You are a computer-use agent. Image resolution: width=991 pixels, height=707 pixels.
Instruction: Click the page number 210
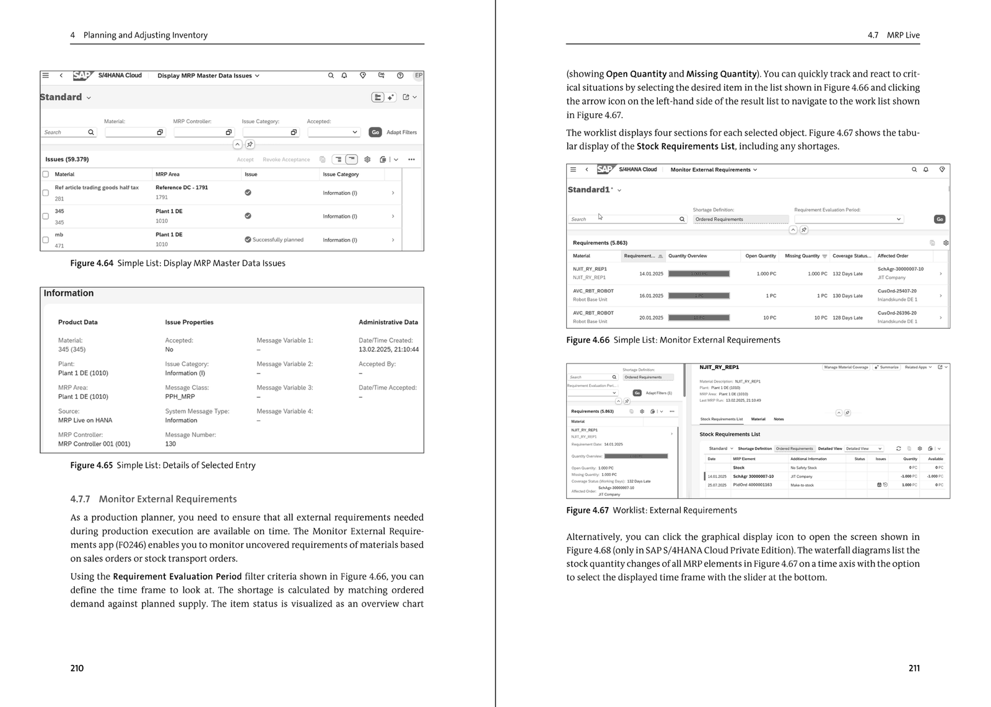pyautogui.click(x=77, y=668)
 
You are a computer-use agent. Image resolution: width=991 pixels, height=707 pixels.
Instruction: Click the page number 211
pyautogui.click(x=914, y=668)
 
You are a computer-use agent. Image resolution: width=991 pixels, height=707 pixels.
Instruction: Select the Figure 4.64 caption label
pyautogui.click(x=92, y=263)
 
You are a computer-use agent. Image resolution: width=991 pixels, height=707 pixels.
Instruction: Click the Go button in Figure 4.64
pyautogui.click(x=375, y=132)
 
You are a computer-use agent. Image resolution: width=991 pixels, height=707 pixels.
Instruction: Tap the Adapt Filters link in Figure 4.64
pyautogui.click(x=401, y=132)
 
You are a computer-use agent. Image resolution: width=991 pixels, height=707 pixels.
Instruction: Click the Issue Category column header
pyautogui.click(x=341, y=174)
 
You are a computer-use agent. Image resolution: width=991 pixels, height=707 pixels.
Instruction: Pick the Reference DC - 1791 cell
pyautogui.click(x=181, y=187)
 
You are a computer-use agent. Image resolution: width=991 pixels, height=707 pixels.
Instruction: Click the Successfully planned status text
pyautogui.click(x=277, y=240)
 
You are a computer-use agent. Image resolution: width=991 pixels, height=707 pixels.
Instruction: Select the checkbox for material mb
pyautogui.click(x=45, y=240)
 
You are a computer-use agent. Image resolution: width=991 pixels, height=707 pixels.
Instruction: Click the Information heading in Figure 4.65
pyautogui.click(x=69, y=293)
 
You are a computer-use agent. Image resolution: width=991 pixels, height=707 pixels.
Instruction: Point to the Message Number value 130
pyautogui.click(x=170, y=444)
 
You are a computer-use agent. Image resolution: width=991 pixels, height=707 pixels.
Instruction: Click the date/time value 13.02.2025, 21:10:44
pyautogui.click(x=388, y=349)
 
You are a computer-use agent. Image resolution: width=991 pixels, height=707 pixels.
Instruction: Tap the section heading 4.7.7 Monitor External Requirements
pyautogui.click(x=154, y=499)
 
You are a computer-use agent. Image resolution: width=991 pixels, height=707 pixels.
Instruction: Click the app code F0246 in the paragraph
pyautogui.click(x=131, y=545)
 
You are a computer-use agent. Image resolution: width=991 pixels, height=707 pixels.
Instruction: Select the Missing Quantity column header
pyautogui.click(x=801, y=256)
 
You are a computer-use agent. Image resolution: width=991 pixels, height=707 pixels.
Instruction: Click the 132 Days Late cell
pyautogui.click(x=847, y=274)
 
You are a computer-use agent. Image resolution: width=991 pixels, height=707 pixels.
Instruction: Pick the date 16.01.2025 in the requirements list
pyautogui.click(x=651, y=296)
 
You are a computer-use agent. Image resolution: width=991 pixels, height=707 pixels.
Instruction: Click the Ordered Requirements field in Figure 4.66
pyautogui.click(x=740, y=219)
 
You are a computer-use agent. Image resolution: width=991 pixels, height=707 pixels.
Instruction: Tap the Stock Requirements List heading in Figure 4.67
pyautogui.click(x=730, y=434)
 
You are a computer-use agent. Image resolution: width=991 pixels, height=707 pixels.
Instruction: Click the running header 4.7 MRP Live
pyautogui.click(x=893, y=35)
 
